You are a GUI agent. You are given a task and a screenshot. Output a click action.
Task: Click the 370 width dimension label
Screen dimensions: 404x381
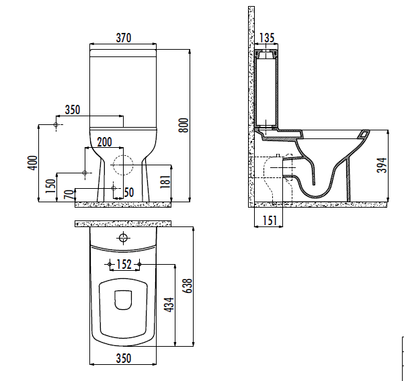[x=124, y=38]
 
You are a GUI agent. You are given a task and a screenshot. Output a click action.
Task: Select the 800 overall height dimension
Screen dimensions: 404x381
[x=184, y=125]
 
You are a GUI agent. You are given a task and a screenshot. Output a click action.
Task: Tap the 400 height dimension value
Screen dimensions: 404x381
[x=32, y=163]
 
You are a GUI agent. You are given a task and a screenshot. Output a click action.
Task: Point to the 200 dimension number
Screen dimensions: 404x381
[x=105, y=142]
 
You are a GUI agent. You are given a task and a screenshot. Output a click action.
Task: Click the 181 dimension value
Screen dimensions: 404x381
[x=165, y=181]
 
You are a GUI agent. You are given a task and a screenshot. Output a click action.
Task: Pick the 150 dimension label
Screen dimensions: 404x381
[x=50, y=186]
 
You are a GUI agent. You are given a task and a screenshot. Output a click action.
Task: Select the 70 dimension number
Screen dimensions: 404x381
[x=69, y=194]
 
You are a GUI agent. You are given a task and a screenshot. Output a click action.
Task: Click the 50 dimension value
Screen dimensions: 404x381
[x=129, y=192]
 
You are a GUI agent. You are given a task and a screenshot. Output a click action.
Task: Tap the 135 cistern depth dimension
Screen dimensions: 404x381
[x=267, y=38]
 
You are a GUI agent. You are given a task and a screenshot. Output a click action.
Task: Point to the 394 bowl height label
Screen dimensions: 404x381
[x=382, y=165]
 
